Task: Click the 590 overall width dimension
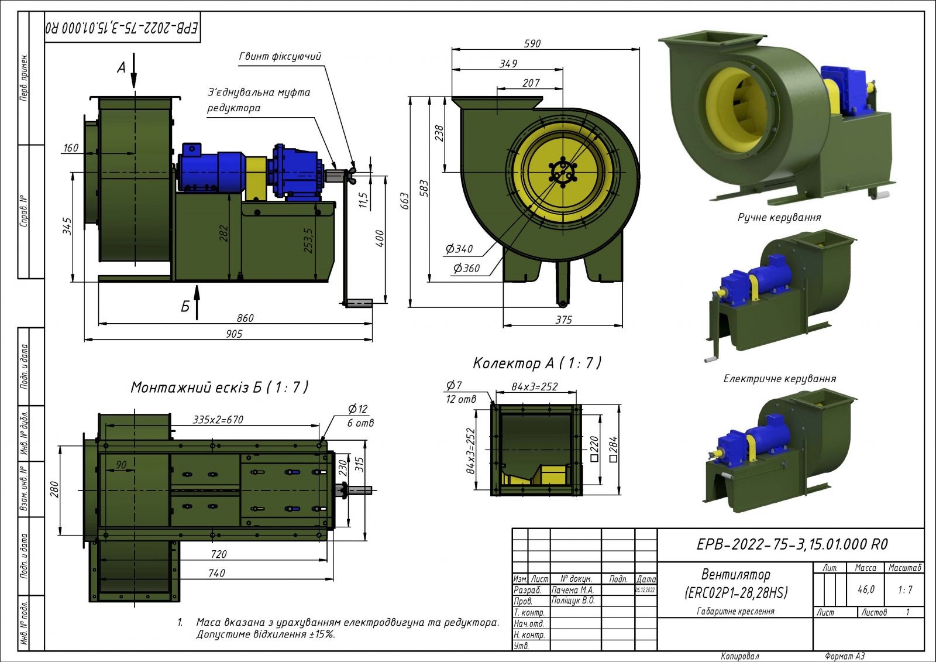click(532, 43)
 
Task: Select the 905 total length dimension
click(233, 334)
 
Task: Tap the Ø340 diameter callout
click(459, 249)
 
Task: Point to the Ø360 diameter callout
click(466, 268)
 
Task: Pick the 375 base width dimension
click(563, 320)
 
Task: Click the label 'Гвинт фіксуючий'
click(280, 57)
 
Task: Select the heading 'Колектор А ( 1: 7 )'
click(536, 363)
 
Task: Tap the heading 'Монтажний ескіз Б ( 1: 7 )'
click(219, 387)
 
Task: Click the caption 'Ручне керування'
click(779, 218)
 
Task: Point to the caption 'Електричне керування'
click(779, 379)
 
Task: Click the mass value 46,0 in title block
click(866, 589)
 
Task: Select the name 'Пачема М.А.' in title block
click(573, 590)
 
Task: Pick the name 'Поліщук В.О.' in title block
click(573, 601)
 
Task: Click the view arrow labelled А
click(134, 70)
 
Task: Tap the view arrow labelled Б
click(197, 302)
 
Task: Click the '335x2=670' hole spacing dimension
click(218, 420)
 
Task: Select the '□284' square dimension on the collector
click(613, 449)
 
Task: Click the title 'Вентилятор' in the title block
click(735, 574)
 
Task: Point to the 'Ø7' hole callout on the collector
click(454, 385)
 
